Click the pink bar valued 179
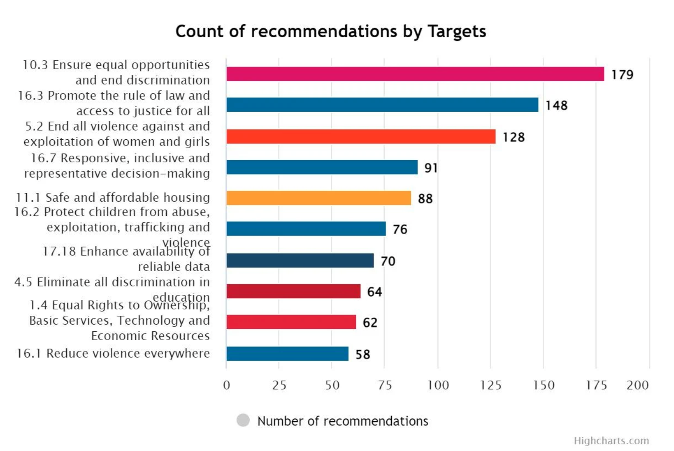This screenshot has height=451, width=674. coord(415,74)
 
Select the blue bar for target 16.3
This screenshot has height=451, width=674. coord(382,105)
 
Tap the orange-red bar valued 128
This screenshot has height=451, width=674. coord(361,136)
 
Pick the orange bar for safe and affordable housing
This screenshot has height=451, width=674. coord(319,198)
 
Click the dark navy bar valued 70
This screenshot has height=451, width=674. coord(300,260)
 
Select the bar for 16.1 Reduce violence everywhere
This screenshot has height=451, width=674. coord(287,354)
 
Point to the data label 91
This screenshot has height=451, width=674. coord(431,168)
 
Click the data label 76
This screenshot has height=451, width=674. coord(400,229)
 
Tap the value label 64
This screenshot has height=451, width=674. coord(374,292)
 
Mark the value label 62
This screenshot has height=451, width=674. coord(370,323)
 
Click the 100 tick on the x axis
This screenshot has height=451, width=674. coord(438,385)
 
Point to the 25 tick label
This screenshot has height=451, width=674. coord(279,385)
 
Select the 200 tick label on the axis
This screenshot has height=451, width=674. coord(637,385)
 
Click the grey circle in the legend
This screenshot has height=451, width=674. coord(243,420)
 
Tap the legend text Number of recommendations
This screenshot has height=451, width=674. coord(342,421)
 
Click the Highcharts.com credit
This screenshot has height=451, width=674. coord(611,441)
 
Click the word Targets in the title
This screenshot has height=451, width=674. coord(457,31)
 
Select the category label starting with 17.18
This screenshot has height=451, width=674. coord(125,259)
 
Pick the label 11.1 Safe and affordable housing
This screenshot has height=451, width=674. coord(113,197)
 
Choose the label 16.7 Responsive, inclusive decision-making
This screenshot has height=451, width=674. coord(117,166)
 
